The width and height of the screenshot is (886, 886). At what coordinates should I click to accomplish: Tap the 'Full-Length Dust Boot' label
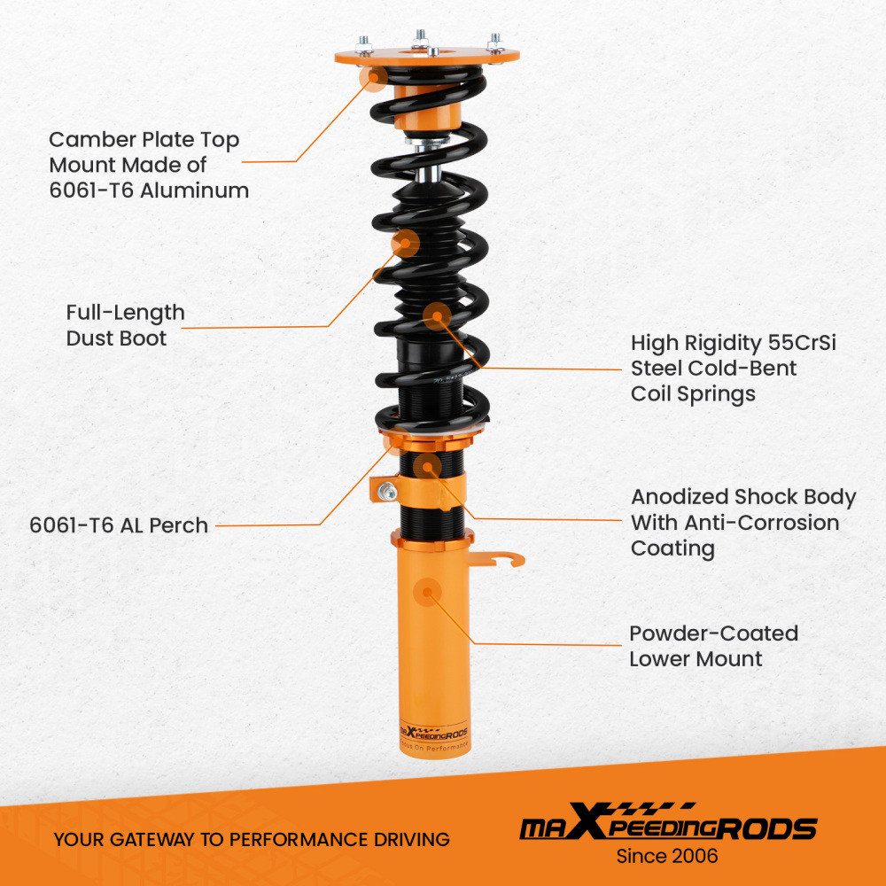(x=125, y=325)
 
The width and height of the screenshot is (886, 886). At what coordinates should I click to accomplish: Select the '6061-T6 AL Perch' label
(x=119, y=525)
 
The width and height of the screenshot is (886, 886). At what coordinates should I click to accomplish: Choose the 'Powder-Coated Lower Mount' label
(x=713, y=646)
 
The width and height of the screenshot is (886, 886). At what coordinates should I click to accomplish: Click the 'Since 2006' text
(x=666, y=856)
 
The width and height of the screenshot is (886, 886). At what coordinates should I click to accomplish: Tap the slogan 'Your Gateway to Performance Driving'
(x=251, y=839)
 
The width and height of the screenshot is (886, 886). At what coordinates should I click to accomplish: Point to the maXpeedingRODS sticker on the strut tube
(x=433, y=734)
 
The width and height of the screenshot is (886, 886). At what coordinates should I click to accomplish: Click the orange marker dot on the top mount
(x=374, y=80)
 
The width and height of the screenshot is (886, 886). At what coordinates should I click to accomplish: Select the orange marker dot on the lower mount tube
(x=429, y=592)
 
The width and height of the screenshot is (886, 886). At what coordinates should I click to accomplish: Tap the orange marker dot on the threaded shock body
(x=428, y=466)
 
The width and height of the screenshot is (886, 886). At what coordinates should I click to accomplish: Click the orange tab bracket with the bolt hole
(x=386, y=490)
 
